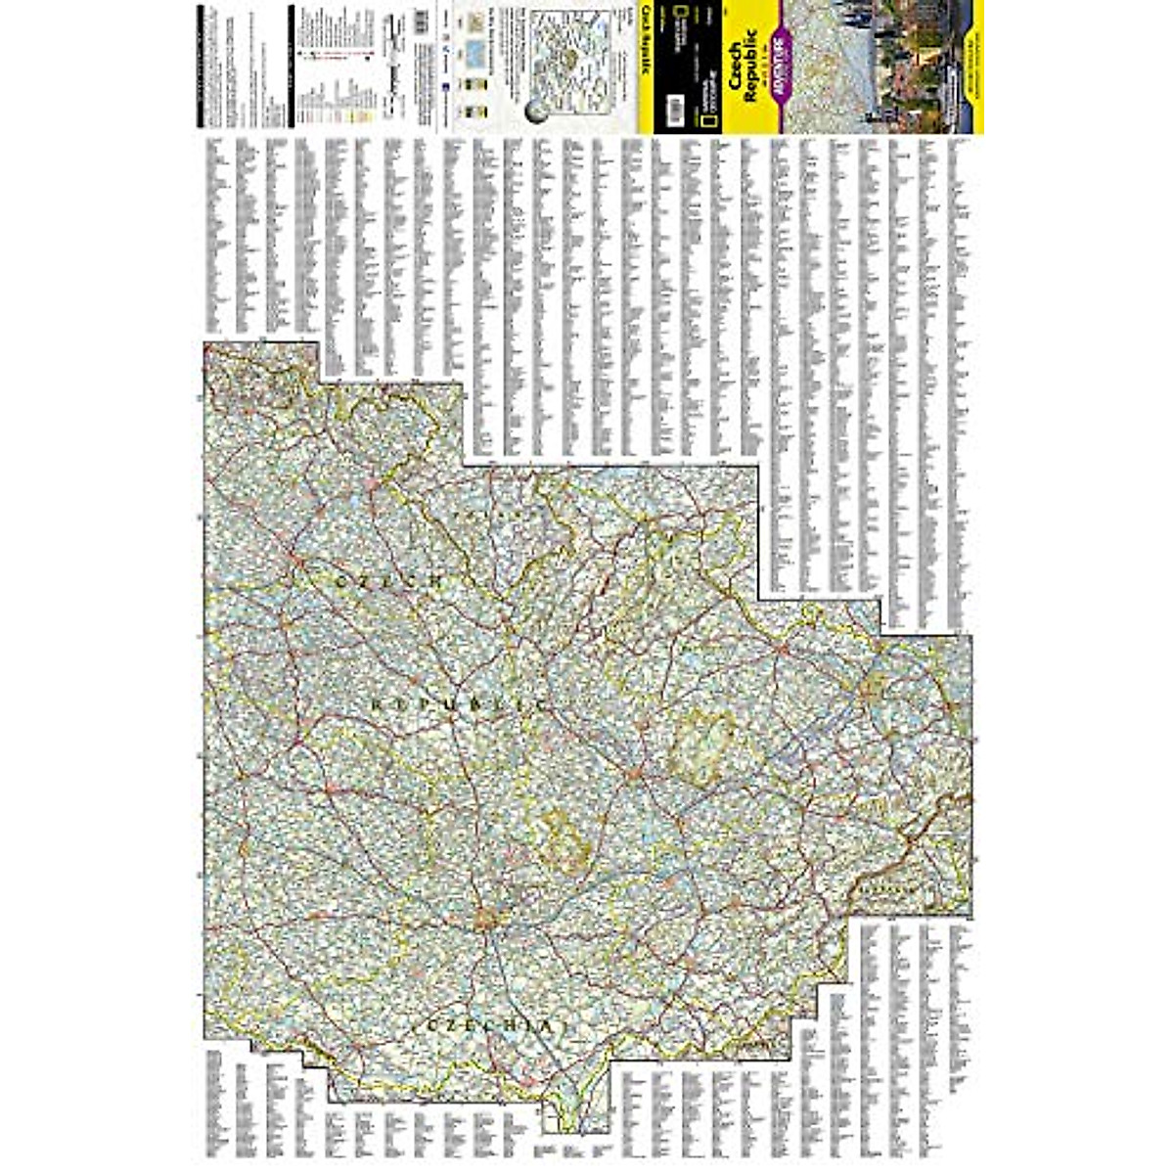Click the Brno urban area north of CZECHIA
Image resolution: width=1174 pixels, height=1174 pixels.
tap(487, 919)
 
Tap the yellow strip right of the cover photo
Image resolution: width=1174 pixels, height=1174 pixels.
tap(976, 67)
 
